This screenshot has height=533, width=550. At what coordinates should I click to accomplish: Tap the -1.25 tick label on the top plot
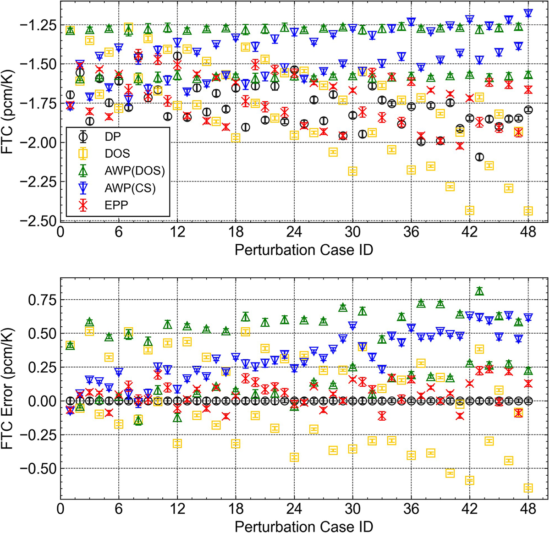tap(38, 24)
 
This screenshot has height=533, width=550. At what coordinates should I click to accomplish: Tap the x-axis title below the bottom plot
tap(303, 525)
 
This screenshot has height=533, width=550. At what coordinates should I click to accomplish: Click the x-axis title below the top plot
tap(303, 250)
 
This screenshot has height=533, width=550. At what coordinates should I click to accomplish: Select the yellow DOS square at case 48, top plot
tap(528, 211)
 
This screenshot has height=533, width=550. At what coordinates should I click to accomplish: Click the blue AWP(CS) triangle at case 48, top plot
tap(528, 13)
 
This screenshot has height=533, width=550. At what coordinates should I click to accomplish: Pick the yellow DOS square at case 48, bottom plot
tap(528, 488)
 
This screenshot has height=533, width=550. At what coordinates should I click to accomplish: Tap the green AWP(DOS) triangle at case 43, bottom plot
tap(479, 291)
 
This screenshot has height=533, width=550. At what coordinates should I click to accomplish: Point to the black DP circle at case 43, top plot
tap(479, 157)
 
